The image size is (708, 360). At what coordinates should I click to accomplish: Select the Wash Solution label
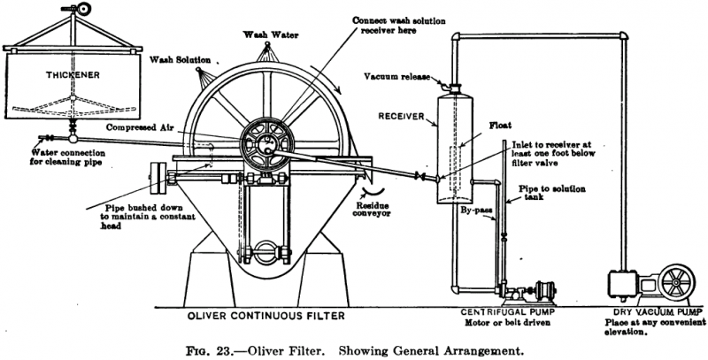181,61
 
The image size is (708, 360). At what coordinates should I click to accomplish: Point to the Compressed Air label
142,127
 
